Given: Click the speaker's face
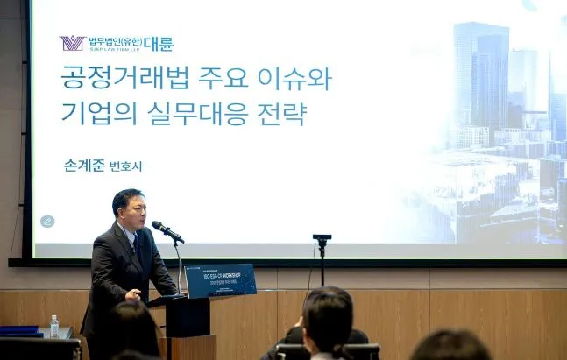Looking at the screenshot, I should (x=129, y=208).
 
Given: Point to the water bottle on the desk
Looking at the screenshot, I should (x=54, y=326).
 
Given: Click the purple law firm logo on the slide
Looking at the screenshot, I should (x=71, y=43).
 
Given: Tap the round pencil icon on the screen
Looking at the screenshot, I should (x=47, y=221).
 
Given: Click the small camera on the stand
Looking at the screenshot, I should (x=322, y=238).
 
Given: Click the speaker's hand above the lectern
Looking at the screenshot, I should (x=132, y=296).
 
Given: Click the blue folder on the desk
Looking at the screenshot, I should (x=19, y=331).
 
